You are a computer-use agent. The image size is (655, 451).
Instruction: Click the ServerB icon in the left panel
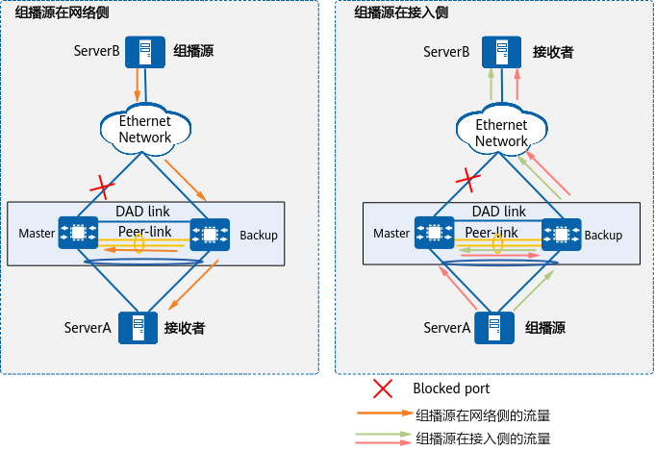(141, 50)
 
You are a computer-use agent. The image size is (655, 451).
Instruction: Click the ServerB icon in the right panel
(497, 51)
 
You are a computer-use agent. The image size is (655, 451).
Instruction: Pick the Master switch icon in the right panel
(433, 233)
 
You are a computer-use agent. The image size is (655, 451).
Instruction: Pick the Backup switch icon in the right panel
(561, 233)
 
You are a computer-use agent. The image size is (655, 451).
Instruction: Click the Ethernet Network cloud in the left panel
(144, 129)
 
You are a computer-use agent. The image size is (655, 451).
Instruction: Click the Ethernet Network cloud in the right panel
(502, 133)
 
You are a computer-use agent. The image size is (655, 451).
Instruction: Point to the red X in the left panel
(98, 185)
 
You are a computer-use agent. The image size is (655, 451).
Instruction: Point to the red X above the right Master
(467, 178)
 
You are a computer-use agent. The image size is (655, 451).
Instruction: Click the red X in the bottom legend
(383, 388)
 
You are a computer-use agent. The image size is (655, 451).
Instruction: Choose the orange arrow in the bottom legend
(385, 413)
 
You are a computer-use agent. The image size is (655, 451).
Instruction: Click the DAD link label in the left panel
(144, 211)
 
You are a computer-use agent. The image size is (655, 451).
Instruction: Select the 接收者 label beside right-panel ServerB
(554, 51)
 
